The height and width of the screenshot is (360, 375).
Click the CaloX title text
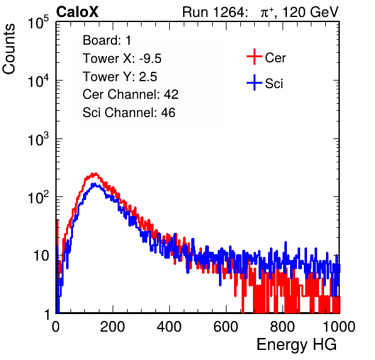coord(77,12)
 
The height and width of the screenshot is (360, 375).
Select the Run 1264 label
coord(213,12)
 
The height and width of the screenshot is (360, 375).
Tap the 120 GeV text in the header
coord(310,12)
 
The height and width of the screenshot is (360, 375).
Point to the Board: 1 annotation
coord(107,40)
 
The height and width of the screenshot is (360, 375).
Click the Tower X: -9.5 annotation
coord(122,59)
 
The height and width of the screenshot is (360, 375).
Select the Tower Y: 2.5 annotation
coord(120,77)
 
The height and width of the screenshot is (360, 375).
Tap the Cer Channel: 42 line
coord(131,94)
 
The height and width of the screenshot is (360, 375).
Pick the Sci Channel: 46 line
coord(129,113)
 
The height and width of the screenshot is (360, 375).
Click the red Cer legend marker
coord(254,57)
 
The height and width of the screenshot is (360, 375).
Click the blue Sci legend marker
coord(254,83)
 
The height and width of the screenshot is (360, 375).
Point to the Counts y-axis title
coord(9,49)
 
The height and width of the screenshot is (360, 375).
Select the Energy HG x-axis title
coord(296,345)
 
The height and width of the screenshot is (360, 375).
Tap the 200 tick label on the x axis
coord(113,327)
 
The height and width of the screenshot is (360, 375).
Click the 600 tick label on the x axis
coord(226,327)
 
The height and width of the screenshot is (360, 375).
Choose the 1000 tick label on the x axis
coord(339,327)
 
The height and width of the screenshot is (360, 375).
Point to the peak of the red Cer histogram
coord(96,174)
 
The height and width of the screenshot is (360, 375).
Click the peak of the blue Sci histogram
coord(94,184)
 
